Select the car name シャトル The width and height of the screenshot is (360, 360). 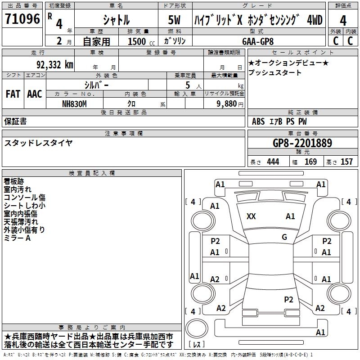(116, 20)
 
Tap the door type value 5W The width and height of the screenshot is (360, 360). (175, 20)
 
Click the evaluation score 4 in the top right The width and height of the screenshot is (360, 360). (343, 20)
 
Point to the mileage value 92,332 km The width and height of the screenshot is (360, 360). (55, 65)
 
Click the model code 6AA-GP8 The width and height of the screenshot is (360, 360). (257, 41)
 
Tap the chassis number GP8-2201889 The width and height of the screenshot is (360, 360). (302, 143)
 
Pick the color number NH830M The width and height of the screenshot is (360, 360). (74, 103)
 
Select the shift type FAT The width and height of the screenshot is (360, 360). (13, 94)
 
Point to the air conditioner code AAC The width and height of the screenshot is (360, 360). (34, 94)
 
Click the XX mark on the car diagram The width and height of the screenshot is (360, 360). (251, 216)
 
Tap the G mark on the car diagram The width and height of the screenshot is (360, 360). (284, 237)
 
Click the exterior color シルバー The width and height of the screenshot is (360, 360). (96, 85)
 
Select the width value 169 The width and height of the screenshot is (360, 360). (310, 162)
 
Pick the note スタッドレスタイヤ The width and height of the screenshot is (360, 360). (38, 143)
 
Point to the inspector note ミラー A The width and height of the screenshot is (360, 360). (17, 238)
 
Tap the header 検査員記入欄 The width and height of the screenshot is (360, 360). (92, 173)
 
